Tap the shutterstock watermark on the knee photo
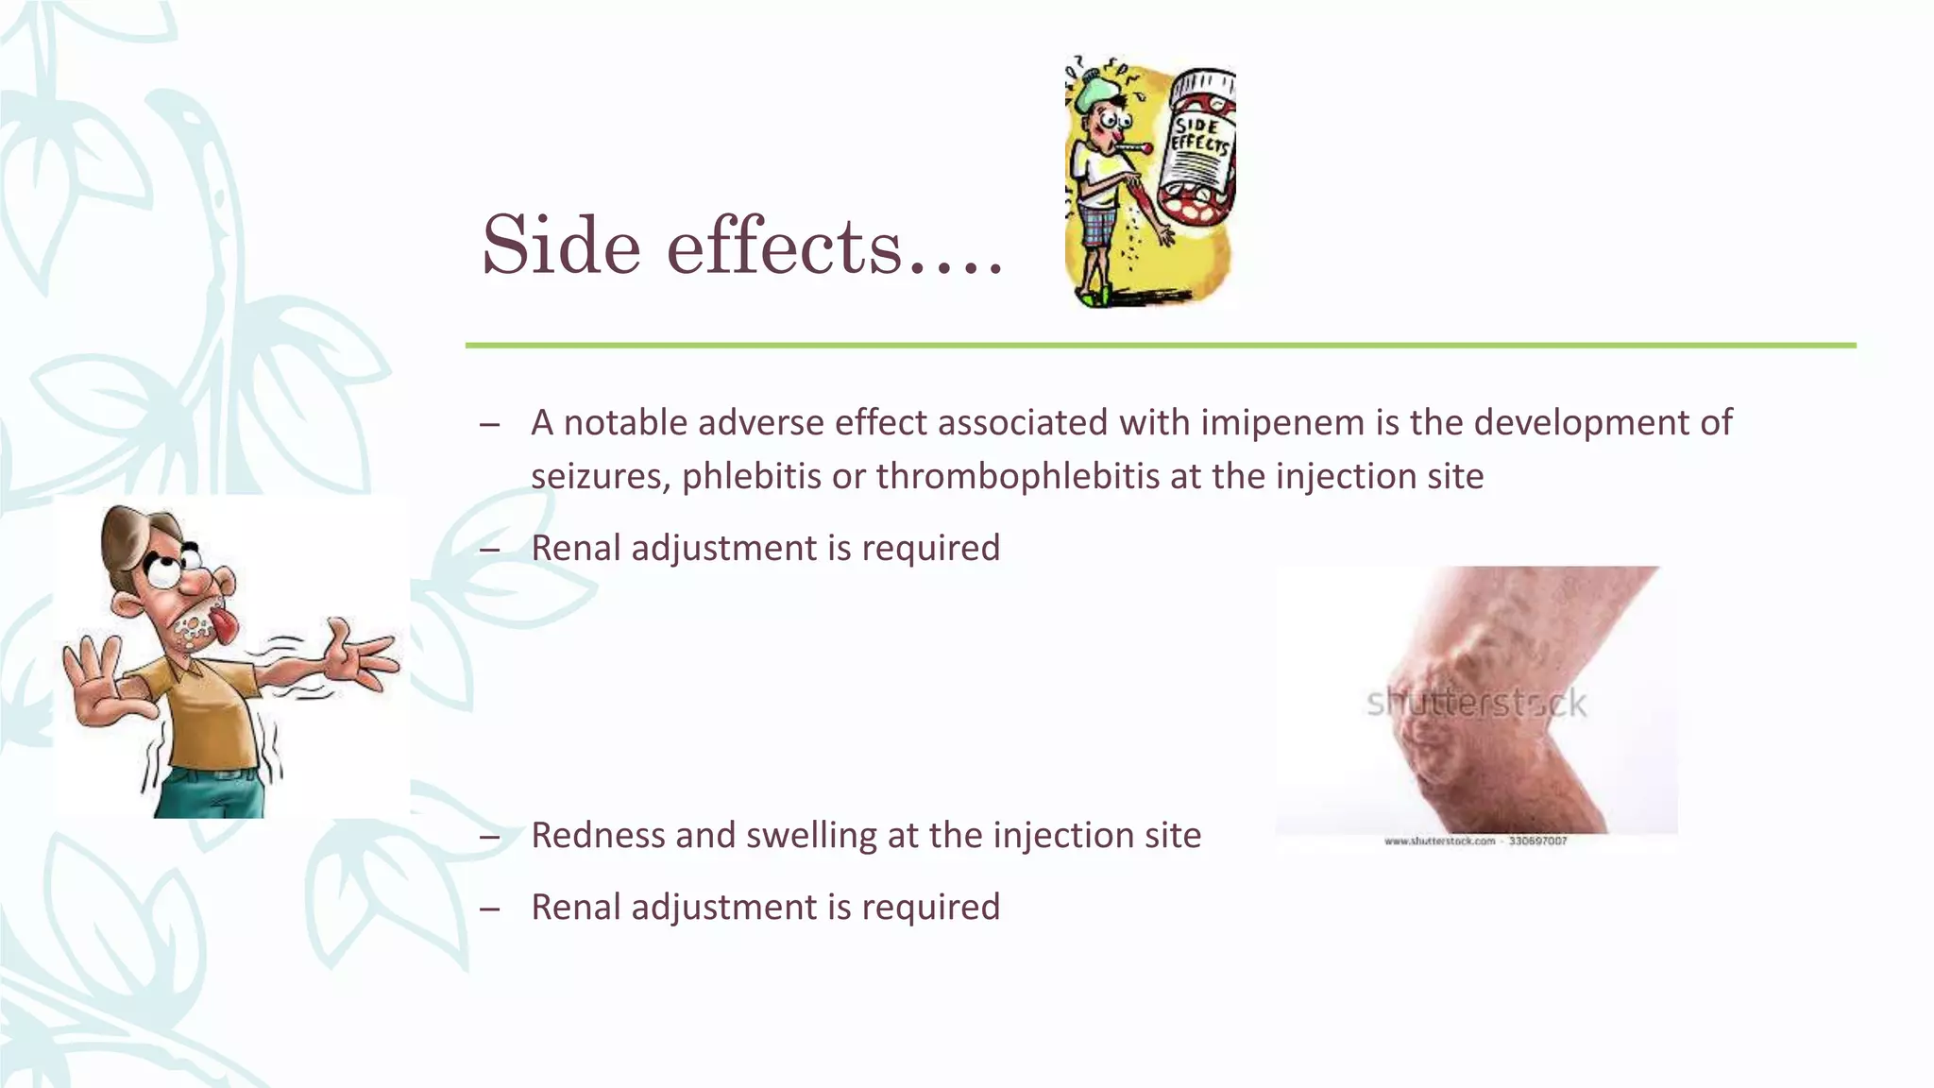[1476, 704]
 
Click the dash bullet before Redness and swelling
[489, 836]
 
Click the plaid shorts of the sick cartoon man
[1097, 228]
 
